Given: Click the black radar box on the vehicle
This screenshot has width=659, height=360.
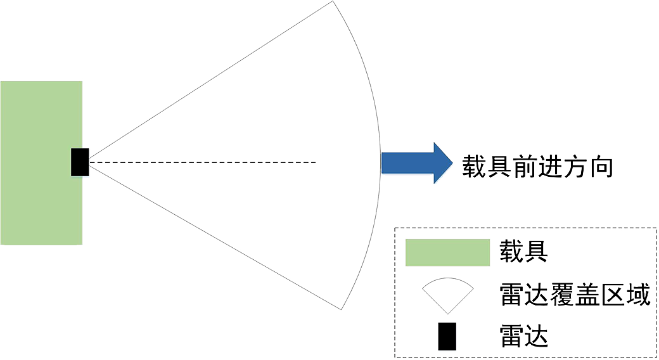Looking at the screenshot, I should tap(80, 162).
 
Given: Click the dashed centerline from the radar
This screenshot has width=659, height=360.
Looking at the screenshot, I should tap(203, 163).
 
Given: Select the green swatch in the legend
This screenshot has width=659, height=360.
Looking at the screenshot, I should tap(447, 253).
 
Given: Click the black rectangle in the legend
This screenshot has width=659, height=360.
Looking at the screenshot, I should tap(447, 336).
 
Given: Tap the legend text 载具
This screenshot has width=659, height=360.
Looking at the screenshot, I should tap(523, 252).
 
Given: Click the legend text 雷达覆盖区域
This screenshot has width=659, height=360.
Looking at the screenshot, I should tap(575, 295).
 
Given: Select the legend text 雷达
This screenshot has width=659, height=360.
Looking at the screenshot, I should tap(523, 336).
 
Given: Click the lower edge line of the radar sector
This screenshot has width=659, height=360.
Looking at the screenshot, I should tap(215, 238).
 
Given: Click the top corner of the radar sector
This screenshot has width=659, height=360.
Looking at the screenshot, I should tap(332, 2).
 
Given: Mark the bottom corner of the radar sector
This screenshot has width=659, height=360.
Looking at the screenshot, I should tap(342, 309).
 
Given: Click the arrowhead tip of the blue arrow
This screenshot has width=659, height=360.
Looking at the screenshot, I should tap(452, 163).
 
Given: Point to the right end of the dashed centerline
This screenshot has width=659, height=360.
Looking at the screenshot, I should tap(315, 163).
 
